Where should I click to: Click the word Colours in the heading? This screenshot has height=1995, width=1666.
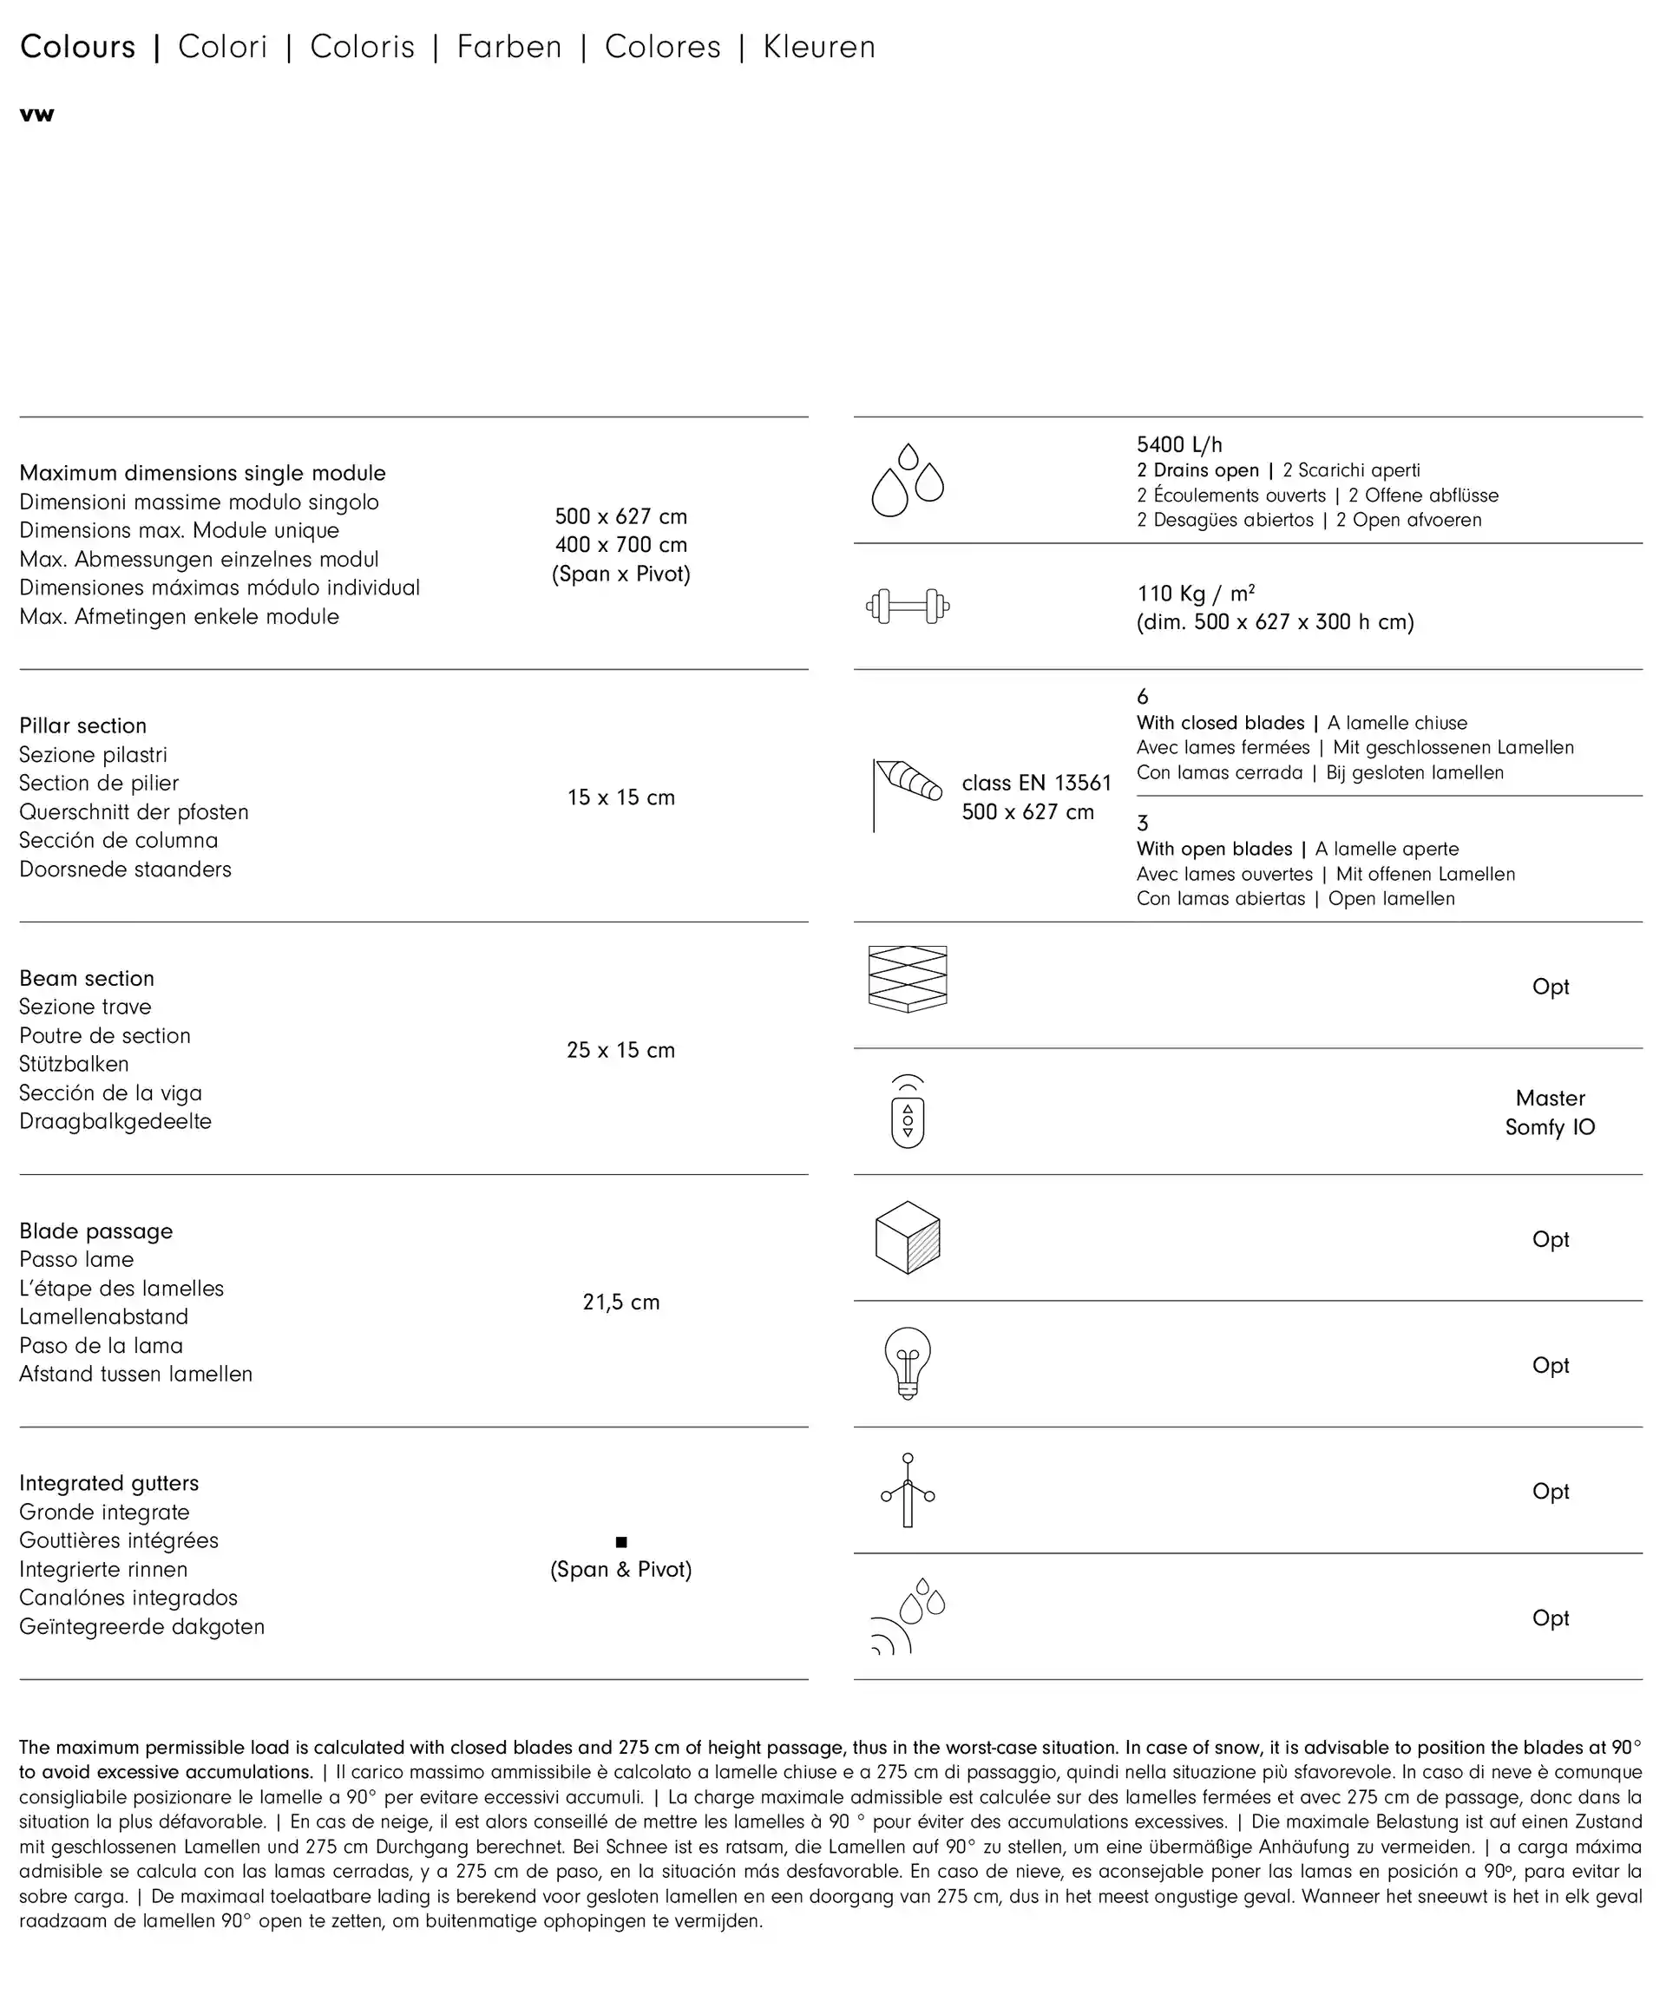(x=78, y=47)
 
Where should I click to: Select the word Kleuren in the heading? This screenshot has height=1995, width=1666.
(x=819, y=47)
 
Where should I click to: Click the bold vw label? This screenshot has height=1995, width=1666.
(x=37, y=115)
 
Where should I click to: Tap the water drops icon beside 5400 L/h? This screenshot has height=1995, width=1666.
(x=907, y=480)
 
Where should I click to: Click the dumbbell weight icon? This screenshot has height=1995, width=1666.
(x=907, y=606)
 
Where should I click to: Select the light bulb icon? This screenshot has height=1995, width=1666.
(x=907, y=1363)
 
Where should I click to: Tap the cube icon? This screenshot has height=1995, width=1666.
(x=907, y=1237)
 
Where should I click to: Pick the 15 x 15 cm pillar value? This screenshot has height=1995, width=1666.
(x=621, y=798)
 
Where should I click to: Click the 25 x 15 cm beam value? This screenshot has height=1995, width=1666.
(x=621, y=1051)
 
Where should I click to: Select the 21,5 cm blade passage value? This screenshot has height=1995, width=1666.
(x=621, y=1303)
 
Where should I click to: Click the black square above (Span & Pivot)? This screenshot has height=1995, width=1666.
(x=621, y=1542)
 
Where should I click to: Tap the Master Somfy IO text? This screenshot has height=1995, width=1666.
(x=1550, y=1112)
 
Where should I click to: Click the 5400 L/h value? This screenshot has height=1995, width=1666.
(x=1178, y=444)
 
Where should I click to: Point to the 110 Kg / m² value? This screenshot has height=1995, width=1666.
(x=1196, y=594)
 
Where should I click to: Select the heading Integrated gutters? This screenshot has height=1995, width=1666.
(x=109, y=1483)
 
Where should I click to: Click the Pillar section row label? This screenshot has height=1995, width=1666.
(x=82, y=725)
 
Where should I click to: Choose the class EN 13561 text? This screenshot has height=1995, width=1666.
(x=1036, y=783)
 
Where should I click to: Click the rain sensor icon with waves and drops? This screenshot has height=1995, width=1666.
(x=907, y=1616)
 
